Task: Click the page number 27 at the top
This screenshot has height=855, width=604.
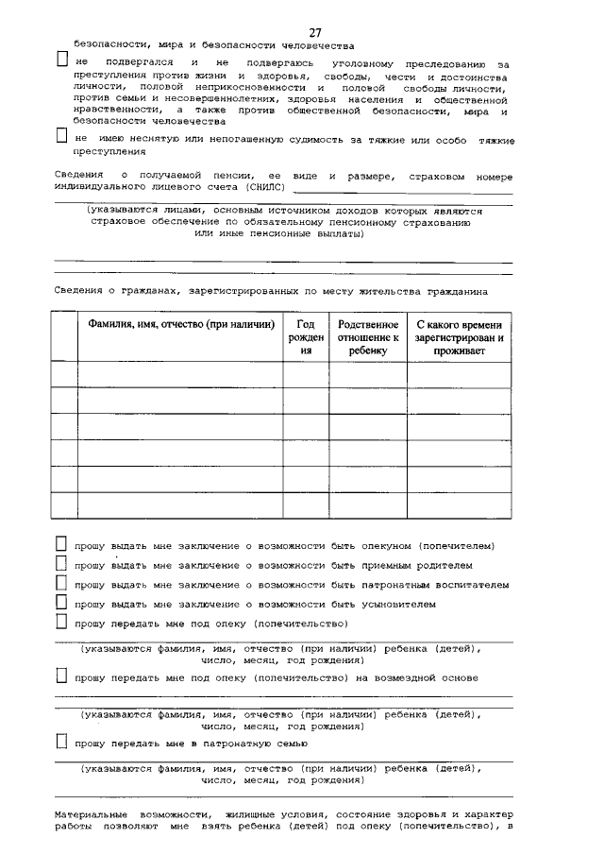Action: (314, 33)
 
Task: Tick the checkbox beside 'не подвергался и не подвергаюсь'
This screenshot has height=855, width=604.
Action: (61, 60)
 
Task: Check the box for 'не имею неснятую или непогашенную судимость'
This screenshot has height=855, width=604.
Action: (61, 137)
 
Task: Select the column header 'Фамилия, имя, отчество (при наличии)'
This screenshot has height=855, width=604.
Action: (180, 324)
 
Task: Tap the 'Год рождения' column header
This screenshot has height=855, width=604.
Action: (306, 336)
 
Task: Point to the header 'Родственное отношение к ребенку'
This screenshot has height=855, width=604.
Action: (368, 336)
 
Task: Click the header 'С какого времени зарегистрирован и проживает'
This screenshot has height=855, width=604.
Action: (460, 336)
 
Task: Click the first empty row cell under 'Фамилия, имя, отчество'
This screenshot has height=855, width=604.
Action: (180, 374)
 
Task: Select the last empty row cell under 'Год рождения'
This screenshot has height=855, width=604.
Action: (306, 505)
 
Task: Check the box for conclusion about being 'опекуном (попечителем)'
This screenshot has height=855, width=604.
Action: (61, 545)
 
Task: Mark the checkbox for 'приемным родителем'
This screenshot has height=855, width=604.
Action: (61, 565)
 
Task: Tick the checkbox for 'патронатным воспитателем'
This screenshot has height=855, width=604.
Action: (61, 584)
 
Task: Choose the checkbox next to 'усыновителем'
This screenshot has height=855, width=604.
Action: (61, 603)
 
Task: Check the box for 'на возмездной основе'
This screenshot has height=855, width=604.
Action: (61, 676)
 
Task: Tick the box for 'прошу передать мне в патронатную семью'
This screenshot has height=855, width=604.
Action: (61, 744)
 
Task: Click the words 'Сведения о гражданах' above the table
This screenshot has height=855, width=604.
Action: (113, 292)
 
